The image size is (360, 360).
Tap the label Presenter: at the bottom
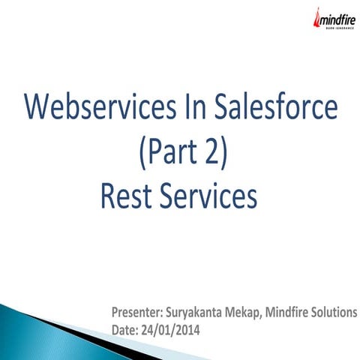[136, 313]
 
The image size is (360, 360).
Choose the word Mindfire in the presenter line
[289, 313]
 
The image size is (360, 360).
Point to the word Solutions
[334, 313]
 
